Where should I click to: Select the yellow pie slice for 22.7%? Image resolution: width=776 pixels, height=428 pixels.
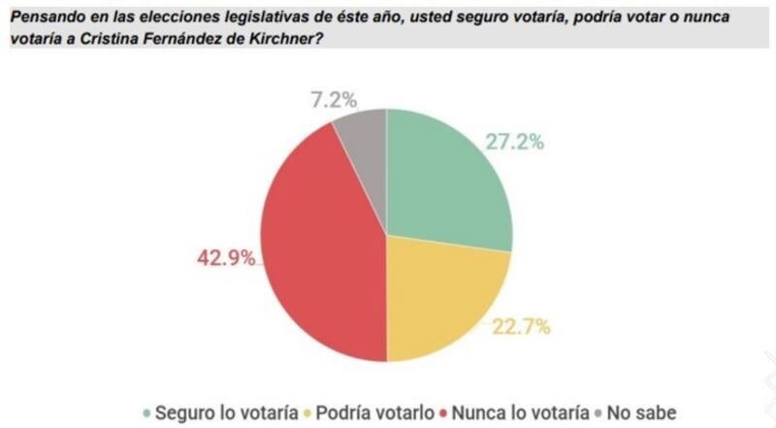pos(441,291)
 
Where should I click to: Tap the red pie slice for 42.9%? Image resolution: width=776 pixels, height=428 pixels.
pos(325,252)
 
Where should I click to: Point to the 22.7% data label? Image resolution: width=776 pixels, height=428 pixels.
pos(520,326)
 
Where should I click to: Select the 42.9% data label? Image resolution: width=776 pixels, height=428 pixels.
pos(226,258)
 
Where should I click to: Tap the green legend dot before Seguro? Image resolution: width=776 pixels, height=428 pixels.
pos(146,412)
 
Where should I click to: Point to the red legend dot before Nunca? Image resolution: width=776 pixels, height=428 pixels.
pos(447,412)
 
